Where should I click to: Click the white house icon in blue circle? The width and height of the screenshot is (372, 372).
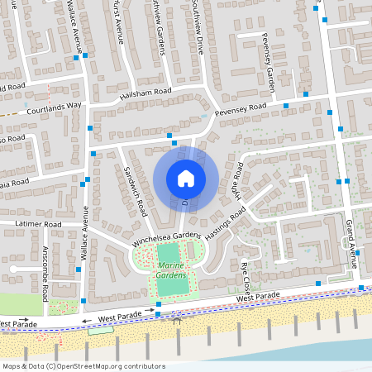(x=186, y=179)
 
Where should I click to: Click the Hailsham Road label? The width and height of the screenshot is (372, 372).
(x=145, y=93)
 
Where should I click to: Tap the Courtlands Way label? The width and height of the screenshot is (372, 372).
(x=54, y=107)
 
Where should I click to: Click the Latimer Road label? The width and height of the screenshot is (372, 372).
(x=39, y=225)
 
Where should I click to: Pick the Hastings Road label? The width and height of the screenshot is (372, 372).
(x=227, y=224)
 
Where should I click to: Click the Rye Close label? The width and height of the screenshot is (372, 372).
(x=245, y=269)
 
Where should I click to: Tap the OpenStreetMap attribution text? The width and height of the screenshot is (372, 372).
(x=83, y=366)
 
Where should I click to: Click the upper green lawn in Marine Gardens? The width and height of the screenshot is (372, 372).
(x=169, y=253)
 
